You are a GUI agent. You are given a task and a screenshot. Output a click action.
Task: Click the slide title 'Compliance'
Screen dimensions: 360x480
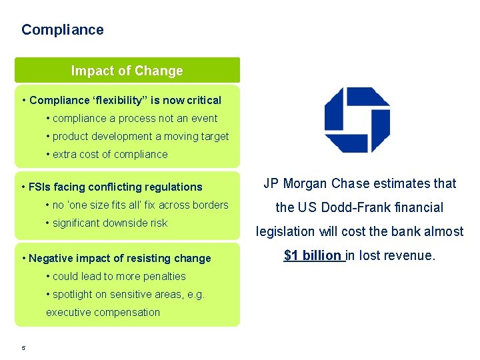point(63,30)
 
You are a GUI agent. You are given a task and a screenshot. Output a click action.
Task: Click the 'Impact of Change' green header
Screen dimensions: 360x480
point(127,71)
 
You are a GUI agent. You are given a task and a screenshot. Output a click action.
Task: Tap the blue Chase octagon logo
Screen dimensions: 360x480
point(357,120)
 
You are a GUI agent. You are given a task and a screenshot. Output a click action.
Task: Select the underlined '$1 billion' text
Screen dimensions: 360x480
point(313,255)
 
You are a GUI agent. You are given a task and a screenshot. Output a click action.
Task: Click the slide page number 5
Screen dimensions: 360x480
point(23,347)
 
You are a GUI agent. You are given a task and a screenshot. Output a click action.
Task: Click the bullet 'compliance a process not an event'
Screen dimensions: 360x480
point(132,119)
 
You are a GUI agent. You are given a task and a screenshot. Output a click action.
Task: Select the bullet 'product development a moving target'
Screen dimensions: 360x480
point(137,137)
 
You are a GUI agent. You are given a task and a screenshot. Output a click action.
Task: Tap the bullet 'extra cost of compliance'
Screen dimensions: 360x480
point(107,155)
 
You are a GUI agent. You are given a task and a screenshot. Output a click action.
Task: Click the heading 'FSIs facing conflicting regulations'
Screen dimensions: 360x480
point(112,187)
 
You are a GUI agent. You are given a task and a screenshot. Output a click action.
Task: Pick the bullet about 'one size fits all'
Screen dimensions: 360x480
point(137,205)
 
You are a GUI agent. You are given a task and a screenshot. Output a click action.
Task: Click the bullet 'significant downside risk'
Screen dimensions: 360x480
point(107,223)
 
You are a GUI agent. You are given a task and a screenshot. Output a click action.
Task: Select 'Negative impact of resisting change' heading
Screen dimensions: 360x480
point(117,259)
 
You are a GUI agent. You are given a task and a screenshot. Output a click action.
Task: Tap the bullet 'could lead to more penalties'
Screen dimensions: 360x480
point(116,277)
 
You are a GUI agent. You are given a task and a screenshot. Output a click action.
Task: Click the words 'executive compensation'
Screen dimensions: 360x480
point(103,313)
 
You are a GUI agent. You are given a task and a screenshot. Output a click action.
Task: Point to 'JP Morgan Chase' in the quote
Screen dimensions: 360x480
point(311,183)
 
